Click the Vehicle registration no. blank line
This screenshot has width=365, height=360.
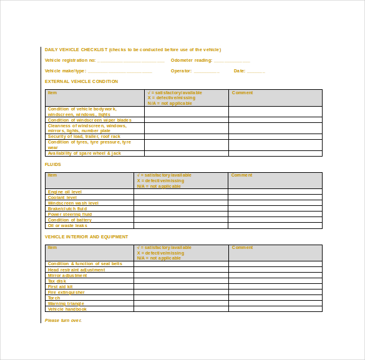(x=131, y=61)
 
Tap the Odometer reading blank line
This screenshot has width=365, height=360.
(x=231, y=61)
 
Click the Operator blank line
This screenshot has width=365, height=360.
(x=207, y=72)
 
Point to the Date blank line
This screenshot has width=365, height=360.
(x=256, y=72)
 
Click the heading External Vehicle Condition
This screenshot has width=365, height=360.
(x=81, y=82)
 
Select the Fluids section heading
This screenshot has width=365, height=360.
(x=53, y=165)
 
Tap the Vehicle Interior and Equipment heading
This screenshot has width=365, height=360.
(x=86, y=237)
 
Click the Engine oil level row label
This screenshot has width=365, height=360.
(x=65, y=192)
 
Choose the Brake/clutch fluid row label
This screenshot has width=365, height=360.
(x=67, y=209)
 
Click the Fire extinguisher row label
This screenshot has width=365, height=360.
(x=66, y=292)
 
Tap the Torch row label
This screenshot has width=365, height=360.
(x=54, y=298)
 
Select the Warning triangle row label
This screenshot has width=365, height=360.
(x=66, y=303)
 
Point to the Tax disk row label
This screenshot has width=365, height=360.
(x=57, y=281)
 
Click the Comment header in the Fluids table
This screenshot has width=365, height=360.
(x=241, y=175)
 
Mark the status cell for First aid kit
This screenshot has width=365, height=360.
(x=180, y=286)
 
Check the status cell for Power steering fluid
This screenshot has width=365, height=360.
(x=180, y=215)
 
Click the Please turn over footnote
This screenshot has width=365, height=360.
(x=63, y=320)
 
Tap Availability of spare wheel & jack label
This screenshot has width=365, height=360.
(x=84, y=153)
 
